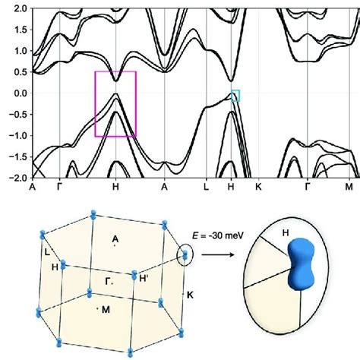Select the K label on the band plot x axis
pyautogui.click(x=258, y=185)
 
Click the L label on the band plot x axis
pyautogui.click(x=206, y=185)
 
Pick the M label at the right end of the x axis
pyautogui.click(x=349, y=185)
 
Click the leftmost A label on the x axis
pyautogui.click(x=32, y=185)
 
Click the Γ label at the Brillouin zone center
pyautogui.click(x=110, y=280)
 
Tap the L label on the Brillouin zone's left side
pyautogui.click(x=47, y=251)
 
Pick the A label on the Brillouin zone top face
pyautogui.click(x=115, y=238)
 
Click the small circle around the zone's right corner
pyautogui.click(x=185, y=255)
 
